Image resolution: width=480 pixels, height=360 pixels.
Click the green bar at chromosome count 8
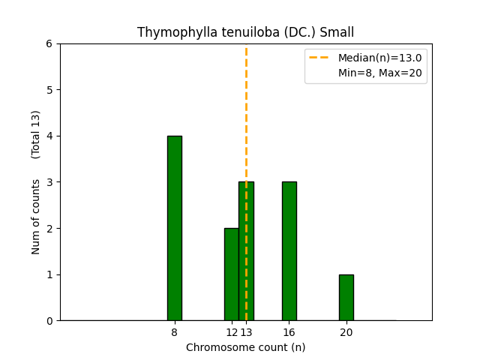tap(174, 228)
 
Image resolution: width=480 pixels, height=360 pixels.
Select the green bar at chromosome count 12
tap(232, 274)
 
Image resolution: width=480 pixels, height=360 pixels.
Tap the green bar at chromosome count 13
tap(246, 251)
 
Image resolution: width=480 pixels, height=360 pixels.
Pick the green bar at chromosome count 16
tap(289, 251)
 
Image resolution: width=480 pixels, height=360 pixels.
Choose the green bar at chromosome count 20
tap(346, 297)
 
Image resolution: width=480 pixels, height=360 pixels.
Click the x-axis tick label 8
tap(174, 332)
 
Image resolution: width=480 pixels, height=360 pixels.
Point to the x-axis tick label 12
tap(231, 332)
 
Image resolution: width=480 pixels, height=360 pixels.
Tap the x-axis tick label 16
tap(289, 332)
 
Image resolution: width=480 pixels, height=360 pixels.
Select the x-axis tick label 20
tap(346, 332)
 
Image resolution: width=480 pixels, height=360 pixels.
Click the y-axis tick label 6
tap(49, 43)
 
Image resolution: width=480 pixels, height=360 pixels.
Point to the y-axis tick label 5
tap(49, 90)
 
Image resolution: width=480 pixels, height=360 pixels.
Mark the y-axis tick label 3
tap(49, 182)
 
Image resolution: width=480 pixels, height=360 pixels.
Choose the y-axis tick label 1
tap(49, 274)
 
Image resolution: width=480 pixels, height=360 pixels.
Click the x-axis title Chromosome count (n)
tap(245, 347)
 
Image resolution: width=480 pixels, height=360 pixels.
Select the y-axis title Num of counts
tap(36, 216)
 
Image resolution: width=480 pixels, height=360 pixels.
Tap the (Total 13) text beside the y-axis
tap(36, 134)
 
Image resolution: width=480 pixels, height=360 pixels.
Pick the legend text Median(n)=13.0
tap(379, 58)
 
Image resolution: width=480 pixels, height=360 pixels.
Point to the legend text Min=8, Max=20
tap(379, 73)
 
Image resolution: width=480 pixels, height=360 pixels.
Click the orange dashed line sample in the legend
tap(321, 58)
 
